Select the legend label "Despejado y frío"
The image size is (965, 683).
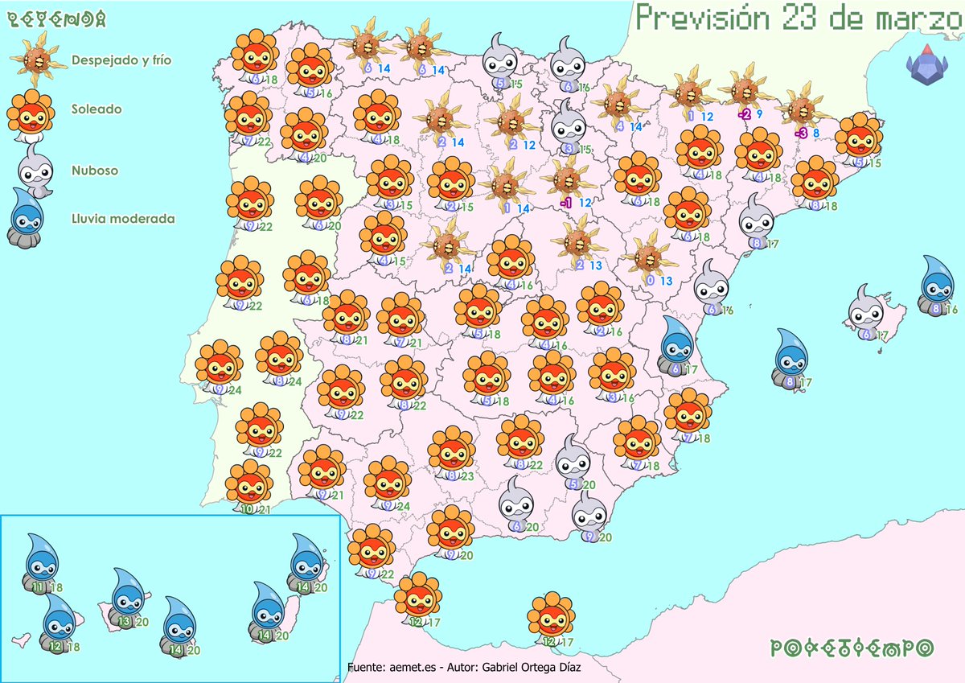(121, 60)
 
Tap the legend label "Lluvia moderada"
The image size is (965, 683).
(123, 218)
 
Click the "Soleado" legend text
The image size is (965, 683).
(96, 108)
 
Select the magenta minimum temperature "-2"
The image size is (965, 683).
(745, 114)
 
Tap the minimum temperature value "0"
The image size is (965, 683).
(649, 281)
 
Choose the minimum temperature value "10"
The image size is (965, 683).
(247, 509)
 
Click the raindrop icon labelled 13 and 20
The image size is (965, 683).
(126, 596)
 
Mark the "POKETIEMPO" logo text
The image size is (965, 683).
(852, 648)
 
